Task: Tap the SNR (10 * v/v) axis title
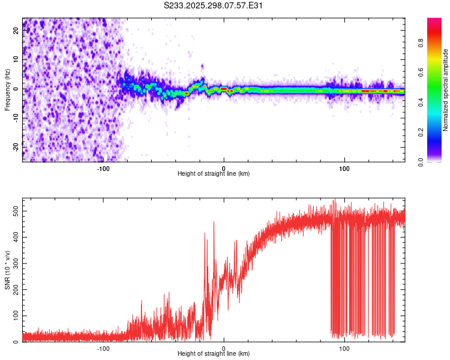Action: pyautogui.click(x=7, y=270)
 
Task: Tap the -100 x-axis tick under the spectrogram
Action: pyautogui.click(x=103, y=168)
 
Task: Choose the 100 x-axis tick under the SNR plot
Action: pyautogui.click(x=344, y=348)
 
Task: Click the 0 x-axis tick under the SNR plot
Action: pyautogui.click(x=224, y=348)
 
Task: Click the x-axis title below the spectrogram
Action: pyautogui.click(x=214, y=174)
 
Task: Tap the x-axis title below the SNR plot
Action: pyautogui.click(x=214, y=354)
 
